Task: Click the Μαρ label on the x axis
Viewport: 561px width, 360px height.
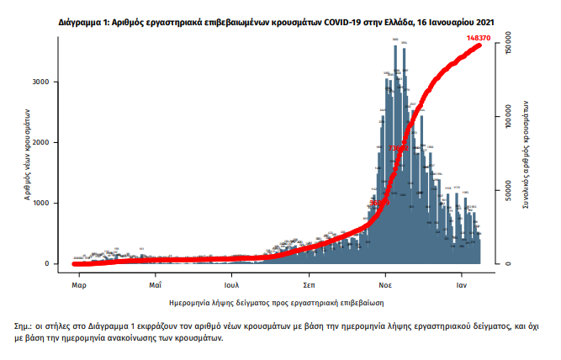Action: pyautogui.click(x=79, y=275)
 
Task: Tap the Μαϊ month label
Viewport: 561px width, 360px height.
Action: pyautogui.click(x=156, y=275)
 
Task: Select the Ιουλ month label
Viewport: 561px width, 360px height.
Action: pyautogui.click(x=232, y=275)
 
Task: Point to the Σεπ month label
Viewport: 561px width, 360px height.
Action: pyautogui.click(x=310, y=275)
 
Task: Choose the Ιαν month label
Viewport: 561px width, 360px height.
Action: pyautogui.click(x=463, y=275)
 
